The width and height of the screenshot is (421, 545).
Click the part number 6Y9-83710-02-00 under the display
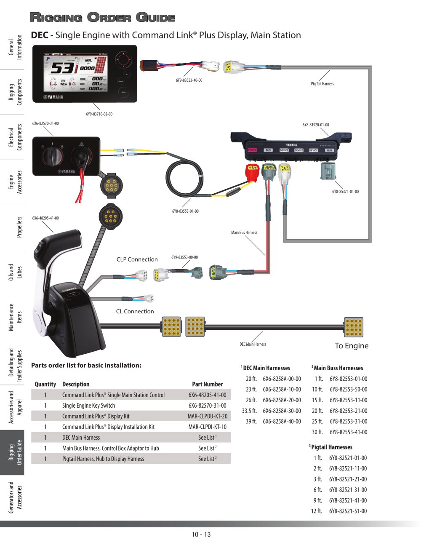99,114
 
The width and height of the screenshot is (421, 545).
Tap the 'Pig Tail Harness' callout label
322,84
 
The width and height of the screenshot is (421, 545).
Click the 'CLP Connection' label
137,259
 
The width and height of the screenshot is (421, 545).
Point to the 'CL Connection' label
135,311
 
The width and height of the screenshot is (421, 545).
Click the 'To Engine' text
351,346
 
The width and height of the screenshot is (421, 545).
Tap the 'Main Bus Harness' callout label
244,232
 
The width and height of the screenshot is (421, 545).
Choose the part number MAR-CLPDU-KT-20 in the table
207,416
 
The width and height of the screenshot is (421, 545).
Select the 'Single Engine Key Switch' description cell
88,406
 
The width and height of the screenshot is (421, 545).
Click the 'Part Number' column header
207,384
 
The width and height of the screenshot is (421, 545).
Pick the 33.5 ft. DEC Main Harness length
249,411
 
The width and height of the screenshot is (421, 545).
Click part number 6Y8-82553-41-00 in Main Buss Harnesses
348,432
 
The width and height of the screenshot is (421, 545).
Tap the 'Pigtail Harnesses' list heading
331,447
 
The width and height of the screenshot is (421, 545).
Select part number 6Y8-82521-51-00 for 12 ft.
348,511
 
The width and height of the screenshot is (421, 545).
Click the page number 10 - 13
201,534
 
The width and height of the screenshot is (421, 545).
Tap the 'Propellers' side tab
19,227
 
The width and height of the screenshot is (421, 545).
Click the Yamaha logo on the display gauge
54,97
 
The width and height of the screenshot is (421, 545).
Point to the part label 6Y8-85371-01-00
345,192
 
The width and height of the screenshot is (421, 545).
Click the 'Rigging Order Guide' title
102,18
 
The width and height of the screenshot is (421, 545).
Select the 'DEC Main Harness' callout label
253,345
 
